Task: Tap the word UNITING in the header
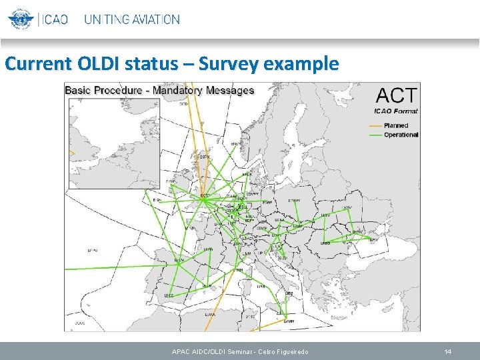click(106, 19)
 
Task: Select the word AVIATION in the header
click(155, 19)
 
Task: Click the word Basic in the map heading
click(80, 90)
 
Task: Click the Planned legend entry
click(395, 125)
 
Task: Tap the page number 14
click(448, 351)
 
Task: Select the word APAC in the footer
click(181, 351)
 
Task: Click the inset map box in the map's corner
click(113, 143)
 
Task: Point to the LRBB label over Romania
click(325, 243)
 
